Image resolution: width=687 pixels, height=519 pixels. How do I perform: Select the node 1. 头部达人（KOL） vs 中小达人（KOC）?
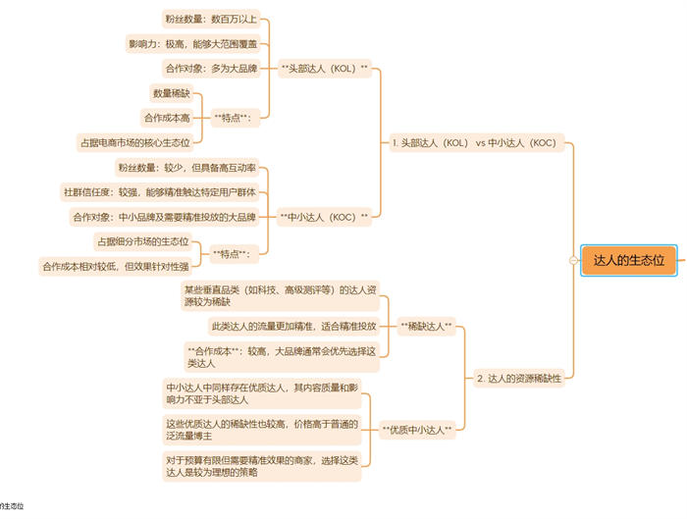coord(474,142)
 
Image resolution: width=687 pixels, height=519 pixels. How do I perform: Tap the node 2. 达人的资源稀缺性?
coord(518,378)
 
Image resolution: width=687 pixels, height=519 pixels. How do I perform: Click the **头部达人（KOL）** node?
coord(325,68)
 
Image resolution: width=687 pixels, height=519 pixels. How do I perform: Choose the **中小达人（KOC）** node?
coord(325,216)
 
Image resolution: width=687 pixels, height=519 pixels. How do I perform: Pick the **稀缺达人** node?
coord(427,325)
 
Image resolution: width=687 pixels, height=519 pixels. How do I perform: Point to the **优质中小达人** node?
coord(417,429)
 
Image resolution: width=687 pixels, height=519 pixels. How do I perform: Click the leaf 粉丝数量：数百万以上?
coord(210,19)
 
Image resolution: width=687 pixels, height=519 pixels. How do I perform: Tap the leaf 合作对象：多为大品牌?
coord(210,68)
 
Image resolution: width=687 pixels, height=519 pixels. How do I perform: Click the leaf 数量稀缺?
coord(171,92)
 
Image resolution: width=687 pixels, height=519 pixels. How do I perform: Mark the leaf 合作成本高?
coord(166,117)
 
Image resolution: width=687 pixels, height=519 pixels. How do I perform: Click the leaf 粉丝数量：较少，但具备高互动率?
coord(186,167)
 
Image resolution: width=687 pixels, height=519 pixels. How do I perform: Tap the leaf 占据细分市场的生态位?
coord(142,241)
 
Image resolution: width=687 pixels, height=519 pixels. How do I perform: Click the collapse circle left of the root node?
coord(572,260)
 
